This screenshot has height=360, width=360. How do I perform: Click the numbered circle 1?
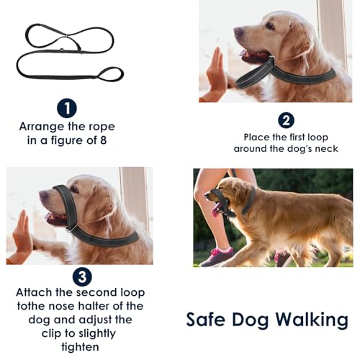coord(67,108)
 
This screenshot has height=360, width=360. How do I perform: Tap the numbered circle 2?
coord(286,120)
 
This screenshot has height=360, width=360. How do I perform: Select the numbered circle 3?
coord(82,276)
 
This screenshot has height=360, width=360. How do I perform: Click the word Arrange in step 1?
coord(41,127)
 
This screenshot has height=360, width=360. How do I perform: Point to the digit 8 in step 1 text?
coord(103,140)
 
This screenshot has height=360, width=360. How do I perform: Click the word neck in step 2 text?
coord(326,149)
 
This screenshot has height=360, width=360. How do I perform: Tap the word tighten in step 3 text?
coord(80,347)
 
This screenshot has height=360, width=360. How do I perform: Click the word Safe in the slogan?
coord(206,320)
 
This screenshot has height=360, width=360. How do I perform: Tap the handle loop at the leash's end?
coord(110,74)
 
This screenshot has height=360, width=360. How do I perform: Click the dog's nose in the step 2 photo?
coord(238,32)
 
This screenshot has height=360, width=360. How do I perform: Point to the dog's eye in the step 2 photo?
coord(270,25)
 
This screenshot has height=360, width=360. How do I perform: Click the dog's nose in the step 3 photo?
coord(44,194)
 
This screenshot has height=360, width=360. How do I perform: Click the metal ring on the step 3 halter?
coord(73,228)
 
